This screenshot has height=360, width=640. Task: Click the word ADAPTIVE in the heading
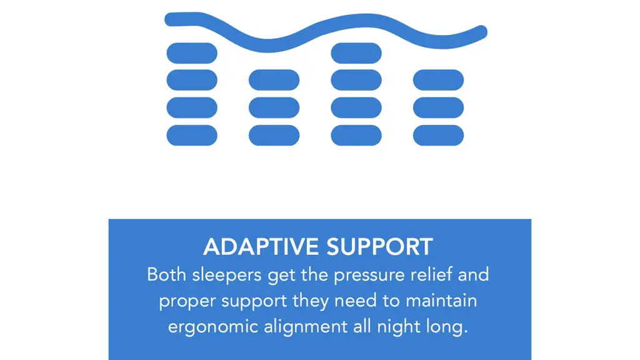click(261, 247)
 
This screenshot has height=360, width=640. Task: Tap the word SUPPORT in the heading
click(379, 247)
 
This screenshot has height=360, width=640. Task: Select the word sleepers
click(226, 276)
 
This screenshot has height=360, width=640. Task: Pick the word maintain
click(441, 301)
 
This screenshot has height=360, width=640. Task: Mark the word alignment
click(306, 327)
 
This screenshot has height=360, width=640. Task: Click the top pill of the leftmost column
click(192, 53)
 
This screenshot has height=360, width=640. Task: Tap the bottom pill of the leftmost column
click(192, 135)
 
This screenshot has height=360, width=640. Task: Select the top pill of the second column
click(274, 80)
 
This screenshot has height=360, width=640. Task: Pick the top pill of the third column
click(356, 53)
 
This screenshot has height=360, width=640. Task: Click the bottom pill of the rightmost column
click(438, 135)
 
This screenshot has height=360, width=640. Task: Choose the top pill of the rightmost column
click(438, 80)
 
